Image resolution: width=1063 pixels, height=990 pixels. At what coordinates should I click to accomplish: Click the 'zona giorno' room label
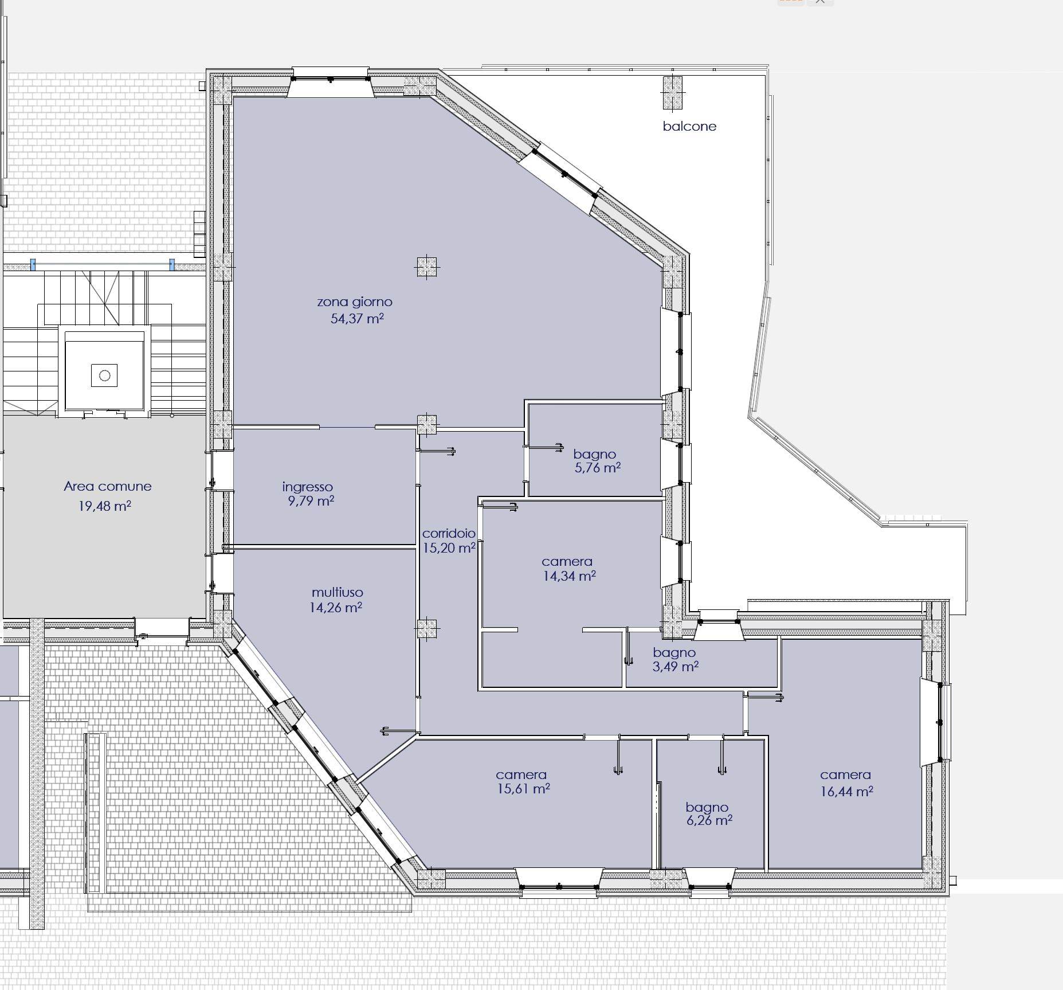click(355, 302)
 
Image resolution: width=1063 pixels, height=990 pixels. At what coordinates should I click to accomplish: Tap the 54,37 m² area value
click(357, 318)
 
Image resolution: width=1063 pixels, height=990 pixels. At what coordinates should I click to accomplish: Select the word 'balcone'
click(689, 126)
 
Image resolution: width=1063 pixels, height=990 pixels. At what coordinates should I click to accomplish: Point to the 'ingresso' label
click(308, 487)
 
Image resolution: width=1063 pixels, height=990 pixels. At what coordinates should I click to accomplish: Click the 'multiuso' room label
click(338, 592)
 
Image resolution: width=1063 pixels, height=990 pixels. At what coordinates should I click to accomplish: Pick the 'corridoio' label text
click(449, 533)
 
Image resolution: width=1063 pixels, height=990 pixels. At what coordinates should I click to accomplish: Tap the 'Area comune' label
click(108, 486)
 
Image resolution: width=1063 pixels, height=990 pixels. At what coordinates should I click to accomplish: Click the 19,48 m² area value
click(105, 506)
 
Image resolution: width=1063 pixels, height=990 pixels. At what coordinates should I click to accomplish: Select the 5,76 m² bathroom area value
click(598, 468)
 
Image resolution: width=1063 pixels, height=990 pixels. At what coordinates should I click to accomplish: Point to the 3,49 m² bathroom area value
click(676, 666)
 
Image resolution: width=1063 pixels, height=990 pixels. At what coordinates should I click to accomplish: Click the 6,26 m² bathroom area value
click(709, 820)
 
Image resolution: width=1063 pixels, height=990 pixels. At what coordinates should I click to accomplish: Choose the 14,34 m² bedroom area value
click(570, 576)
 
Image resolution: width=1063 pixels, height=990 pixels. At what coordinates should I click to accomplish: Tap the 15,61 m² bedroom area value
click(524, 789)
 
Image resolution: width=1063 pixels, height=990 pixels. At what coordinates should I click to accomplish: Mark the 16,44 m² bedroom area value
click(847, 792)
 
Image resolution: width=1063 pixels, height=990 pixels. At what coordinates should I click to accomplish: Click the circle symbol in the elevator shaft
click(104, 375)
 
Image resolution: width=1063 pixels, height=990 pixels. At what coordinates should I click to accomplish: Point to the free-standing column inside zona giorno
click(427, 267)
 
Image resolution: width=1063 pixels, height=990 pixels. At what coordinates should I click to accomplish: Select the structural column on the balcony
click(672, 92)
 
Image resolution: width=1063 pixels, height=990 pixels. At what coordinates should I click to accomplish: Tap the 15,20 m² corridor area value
click(449, 548)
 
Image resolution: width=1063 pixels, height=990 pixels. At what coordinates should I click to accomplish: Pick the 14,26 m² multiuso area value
click(336, 607)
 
